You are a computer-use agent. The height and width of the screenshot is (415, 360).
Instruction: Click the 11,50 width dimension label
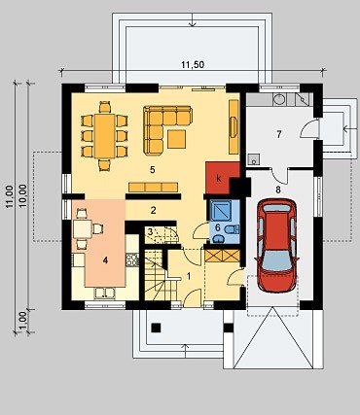(x=193, y=65)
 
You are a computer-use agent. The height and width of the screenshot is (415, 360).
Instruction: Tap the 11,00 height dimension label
(x=9, y=196)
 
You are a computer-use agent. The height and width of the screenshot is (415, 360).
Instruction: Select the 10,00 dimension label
(x=22, y=196)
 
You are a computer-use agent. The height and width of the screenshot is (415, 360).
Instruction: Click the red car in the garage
(x=277, y=245)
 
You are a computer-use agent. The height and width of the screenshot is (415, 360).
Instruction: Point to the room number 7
(x=279, y=134)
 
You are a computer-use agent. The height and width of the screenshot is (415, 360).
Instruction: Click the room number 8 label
(x=278, y=190)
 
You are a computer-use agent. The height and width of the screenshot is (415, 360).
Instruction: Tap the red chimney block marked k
(x=223, y=178)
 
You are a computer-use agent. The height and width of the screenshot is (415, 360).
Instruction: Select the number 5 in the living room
(x=153, y=169)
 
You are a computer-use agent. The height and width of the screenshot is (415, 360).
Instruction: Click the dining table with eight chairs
(x=105, y=136)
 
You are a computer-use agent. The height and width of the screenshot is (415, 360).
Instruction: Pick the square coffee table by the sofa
(x=177, y=139)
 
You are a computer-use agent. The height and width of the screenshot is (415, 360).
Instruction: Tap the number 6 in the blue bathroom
(x=218, y=227)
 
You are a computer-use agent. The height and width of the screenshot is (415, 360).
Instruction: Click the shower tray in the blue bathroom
(x=221, y=211)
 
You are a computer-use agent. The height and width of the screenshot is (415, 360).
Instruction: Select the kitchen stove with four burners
(x=132, y=259)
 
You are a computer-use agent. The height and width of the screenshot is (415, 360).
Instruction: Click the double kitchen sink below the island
(x=105, y=293)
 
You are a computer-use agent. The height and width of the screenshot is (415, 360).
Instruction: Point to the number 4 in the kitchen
(x=105, y=260)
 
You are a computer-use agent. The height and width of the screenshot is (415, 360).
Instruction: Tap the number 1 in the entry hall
(x=189, y=276)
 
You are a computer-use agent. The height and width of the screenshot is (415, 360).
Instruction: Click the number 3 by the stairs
(x=150, y=231)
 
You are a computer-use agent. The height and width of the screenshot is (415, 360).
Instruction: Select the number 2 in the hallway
(x=153, y=210)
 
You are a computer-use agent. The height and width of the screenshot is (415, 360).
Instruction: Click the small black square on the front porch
(x=157, y=328)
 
